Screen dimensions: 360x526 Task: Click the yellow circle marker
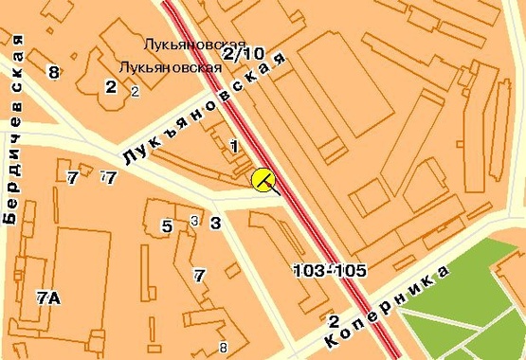point(263,179)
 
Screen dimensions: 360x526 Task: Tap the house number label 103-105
point(330,271)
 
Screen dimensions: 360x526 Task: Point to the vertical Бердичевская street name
point(13,127)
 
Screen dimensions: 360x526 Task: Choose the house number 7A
point(48,297)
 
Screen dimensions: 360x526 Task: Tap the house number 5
point(167,225)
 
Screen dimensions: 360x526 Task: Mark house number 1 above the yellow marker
point(233,146)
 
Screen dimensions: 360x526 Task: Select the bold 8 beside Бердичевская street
point(53,72)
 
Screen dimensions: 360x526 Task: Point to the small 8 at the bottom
point(223,346)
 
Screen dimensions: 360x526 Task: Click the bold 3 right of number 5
point(215,224)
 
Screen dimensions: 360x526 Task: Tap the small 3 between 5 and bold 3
point(193,221)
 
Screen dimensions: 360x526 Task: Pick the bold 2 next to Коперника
point(334,320)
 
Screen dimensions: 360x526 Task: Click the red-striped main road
point(313,218)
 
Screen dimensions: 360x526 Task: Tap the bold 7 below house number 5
point(199,276)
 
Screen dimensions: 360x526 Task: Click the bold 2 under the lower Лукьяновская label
point(111,87)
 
